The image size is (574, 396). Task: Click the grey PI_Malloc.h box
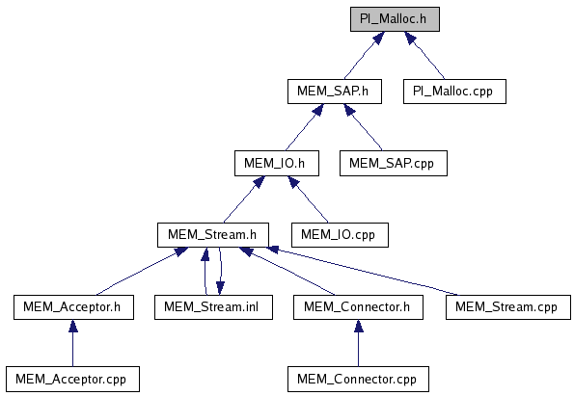(x=395, y=19)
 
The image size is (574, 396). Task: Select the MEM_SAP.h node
(x=335, y=92)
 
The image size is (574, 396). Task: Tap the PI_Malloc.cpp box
(x=454, y=92)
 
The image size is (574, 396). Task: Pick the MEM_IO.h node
(x=277, y=163)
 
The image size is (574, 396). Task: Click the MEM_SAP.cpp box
(x=394, y=163)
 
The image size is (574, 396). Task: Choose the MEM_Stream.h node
(x=213, y=235)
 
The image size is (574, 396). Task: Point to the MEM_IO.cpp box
(x=340, y=235)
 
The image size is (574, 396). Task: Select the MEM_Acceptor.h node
(x=73, y=307)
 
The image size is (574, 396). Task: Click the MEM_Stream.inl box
(x=213, y=307)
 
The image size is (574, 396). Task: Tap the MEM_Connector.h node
(x=358, y=307)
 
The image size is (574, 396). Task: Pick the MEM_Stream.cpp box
(x=508, y=307)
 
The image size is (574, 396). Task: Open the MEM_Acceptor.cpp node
(x=72, y=380)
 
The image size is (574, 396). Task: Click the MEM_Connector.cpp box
(x=358, y=380)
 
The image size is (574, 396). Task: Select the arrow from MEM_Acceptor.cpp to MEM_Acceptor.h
(x=73, y=343)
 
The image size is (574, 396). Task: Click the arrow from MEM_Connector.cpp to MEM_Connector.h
(x=358, y=343)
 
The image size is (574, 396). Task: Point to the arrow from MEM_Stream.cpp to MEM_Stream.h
(x=363, y=271)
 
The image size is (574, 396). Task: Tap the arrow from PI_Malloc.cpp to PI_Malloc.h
(x=424, y=55)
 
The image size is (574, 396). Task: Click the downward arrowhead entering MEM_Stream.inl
(x=220, y=288)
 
